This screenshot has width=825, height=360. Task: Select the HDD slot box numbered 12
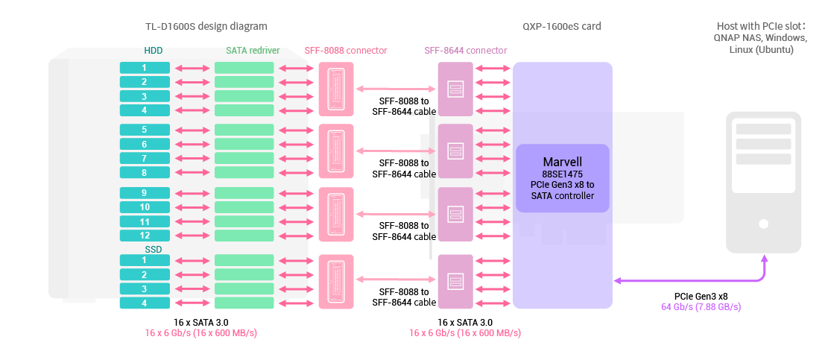click(145, 236)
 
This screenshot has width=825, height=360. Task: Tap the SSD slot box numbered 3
click(145, 288)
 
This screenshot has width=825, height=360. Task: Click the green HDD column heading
click(154, 51)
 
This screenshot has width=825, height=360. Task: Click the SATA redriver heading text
click(253, 51)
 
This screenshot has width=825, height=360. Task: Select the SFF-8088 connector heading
click(346, 51)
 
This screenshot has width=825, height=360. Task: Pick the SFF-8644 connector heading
click(466, 51)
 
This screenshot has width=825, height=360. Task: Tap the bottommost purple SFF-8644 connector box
click(455, 281)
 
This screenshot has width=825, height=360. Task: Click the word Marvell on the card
click(563, 162)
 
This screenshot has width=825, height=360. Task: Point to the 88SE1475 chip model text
click(563, 174)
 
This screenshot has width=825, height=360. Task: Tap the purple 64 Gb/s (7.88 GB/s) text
click(701, 306)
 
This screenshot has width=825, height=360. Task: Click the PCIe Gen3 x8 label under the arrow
click(701, 296)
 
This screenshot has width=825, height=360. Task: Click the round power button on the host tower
click(764, 223)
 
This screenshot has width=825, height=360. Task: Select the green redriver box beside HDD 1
click(244, 68)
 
